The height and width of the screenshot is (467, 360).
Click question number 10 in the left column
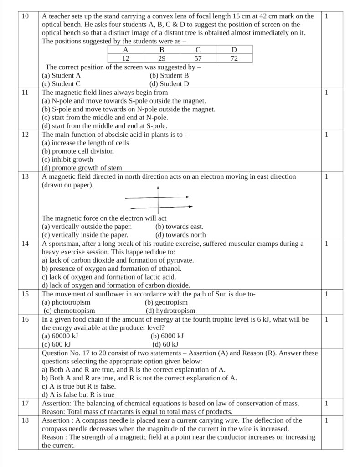click(26, 16)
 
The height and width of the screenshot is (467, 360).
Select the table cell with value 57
click(198, 58)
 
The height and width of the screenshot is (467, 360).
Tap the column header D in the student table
click(234, 50)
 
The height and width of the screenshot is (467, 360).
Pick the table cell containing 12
click(125, 58)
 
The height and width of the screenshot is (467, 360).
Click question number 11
click(26, 92)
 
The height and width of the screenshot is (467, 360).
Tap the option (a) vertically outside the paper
click(87, 227)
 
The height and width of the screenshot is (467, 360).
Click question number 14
click(26, 244)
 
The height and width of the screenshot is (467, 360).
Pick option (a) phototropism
click(66, 302)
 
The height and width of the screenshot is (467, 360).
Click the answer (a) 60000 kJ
click(60, 336)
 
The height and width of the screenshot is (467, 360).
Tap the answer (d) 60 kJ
click(165, 344)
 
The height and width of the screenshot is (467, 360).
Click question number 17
click(26, 403)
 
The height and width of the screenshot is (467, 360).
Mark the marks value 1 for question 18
click(326, 420)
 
